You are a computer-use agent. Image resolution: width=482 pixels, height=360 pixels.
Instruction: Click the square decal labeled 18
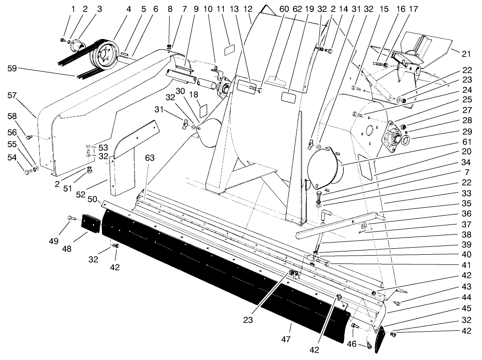tap(203, 111)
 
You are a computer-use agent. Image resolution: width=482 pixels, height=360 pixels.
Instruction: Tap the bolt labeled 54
tap(28, 173)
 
